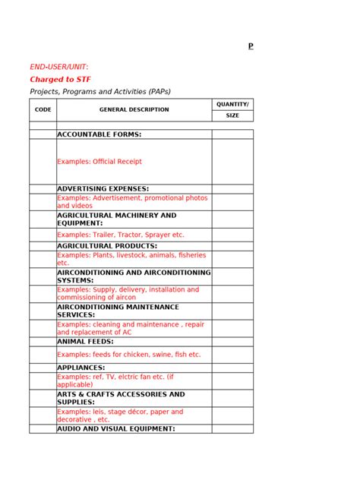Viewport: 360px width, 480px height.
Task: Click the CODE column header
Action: tap(43, 109)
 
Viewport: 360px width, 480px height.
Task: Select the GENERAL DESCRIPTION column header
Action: tap(134, 109)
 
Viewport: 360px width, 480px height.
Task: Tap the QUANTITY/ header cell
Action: tap(232, 104)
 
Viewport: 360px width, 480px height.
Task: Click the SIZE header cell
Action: tap(232, 115)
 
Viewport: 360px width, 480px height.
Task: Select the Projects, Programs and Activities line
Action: tap(100, 91)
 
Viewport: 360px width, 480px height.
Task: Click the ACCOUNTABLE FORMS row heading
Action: tap(99, 134)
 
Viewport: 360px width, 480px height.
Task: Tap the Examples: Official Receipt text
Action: tap(99, 162)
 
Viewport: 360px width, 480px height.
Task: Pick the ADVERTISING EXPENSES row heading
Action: tap(103, 188)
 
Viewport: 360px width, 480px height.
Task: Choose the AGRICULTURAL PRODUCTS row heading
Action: tap(107, 246)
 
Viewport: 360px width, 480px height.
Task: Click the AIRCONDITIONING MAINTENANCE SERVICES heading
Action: tap(118, 311)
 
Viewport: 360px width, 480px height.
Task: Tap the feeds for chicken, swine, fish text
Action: tap(129, 355)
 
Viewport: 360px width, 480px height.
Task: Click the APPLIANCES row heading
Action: tap(81, 368)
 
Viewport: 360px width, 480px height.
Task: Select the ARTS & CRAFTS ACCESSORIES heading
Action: tap(121, 398)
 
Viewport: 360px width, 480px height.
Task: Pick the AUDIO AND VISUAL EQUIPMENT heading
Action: tap(116, 428)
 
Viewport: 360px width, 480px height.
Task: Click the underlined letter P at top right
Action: tap(251, 47)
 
